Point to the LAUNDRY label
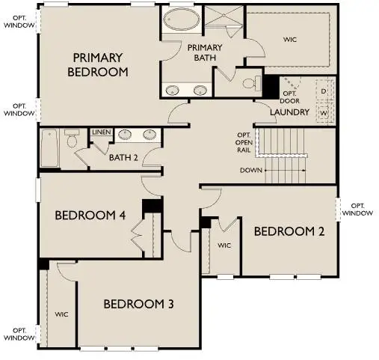[x=290, y=112]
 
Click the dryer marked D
[x=324, y=91]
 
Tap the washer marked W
[x=324, y=114]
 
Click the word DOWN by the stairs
[x=251, y=170]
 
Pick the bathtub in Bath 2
[x=50, y=147]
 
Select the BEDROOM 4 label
[x=90, y=216]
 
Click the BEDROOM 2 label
[x=289, y=231]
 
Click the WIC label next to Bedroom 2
[x=224, y=245]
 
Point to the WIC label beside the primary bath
[x=291, y=39]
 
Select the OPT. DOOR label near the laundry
[x=290, y=96]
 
